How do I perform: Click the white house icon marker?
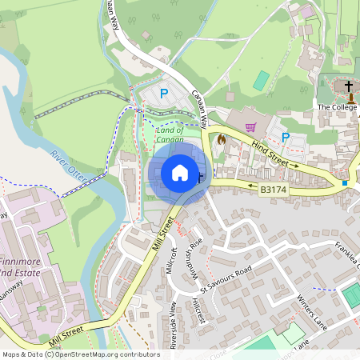click(x=180, y=172)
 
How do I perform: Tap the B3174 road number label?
click(x=274, y=190)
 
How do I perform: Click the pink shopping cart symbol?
click(x=250, y=126)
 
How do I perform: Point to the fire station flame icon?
click(x=222, y=138)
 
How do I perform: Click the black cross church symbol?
click(x=349, y=86)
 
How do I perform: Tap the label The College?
click(x=335, y=107)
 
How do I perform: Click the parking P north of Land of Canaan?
click(x=164, y=94)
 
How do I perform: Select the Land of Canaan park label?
click(x=170, y=134)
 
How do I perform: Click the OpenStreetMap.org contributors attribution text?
click(x=102, y=354)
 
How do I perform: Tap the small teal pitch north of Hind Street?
click(x=261, y=81)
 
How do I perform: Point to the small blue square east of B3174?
click(x=345, y=183)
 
